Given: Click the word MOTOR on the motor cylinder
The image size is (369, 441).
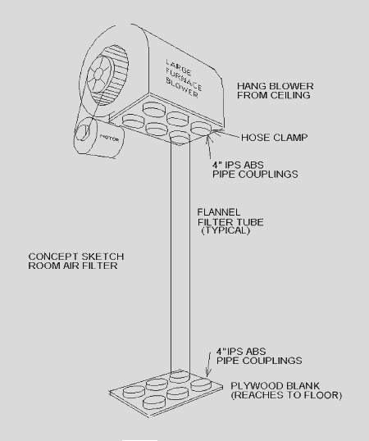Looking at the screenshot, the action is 109,138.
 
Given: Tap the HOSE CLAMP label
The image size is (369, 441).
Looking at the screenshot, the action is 274,138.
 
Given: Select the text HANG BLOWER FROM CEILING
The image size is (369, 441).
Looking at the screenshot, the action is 275,90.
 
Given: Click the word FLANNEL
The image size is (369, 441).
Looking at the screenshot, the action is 219,212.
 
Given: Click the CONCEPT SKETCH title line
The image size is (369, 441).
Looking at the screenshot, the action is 76,257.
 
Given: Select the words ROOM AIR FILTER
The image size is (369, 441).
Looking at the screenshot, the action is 73,266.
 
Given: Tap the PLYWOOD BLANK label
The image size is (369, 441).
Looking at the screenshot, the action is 275,385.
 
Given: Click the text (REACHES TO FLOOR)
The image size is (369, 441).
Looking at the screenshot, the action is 286,395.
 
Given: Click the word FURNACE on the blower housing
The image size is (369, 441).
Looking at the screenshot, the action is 184,80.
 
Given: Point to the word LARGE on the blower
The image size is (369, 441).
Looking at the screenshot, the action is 179,68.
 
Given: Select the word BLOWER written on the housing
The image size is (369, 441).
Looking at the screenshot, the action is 182,88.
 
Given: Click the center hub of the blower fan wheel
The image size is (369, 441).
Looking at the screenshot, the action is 98,74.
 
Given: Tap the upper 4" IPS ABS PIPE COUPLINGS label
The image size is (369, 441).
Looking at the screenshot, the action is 255,170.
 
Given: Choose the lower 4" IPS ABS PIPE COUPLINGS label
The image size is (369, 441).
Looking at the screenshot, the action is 259,356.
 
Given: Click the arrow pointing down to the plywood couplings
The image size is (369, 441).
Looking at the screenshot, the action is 208,364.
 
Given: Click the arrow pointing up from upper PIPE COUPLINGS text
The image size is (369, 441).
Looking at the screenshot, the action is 209,147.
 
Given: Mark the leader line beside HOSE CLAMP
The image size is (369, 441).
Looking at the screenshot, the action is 229,134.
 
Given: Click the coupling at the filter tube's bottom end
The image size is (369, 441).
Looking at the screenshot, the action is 180,376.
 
